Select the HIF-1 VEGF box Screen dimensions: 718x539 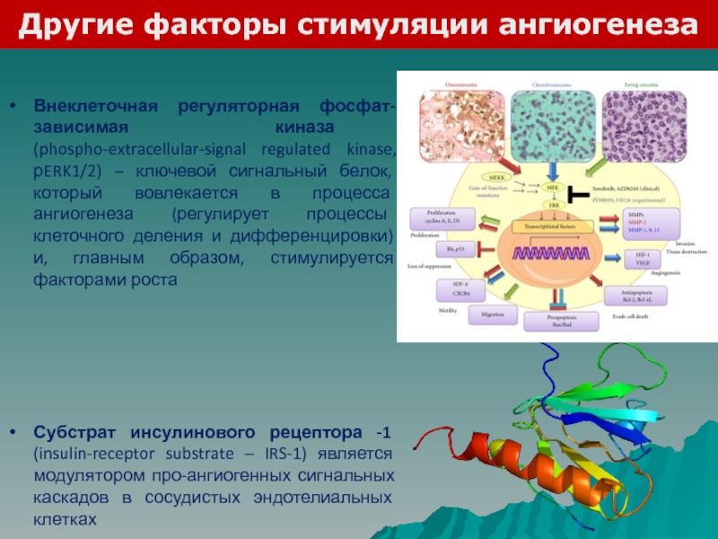[636, 260]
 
